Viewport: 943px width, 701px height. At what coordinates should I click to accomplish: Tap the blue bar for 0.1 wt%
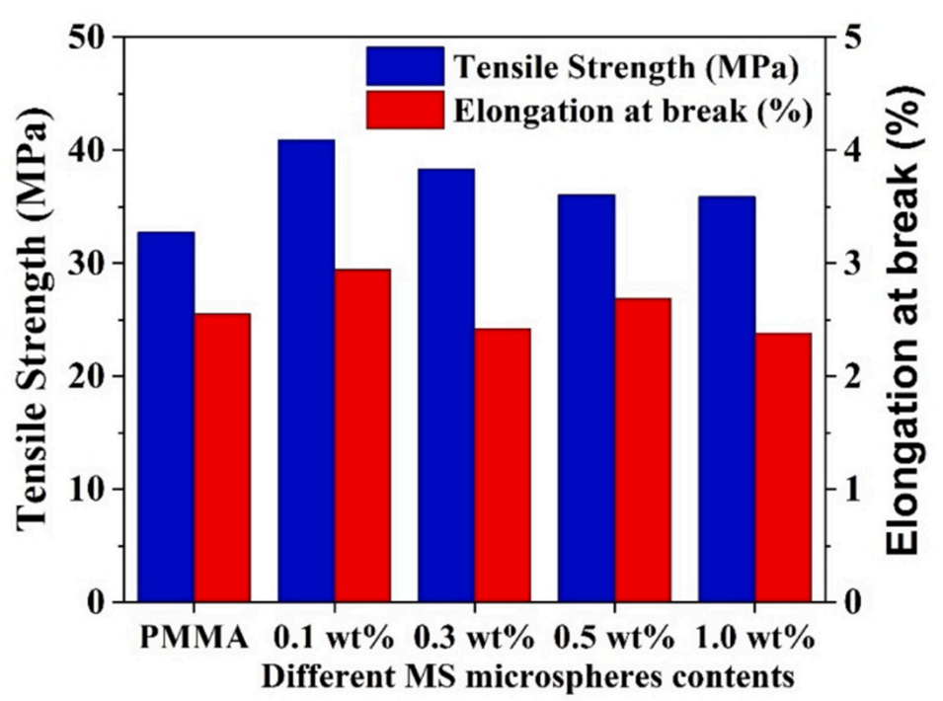pyautogui.click(x=306, y=370)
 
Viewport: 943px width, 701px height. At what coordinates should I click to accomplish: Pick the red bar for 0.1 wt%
pyautogui.click(x=362, y=434)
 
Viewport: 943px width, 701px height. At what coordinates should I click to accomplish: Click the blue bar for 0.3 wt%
pyautogui.click(x=446, y=385)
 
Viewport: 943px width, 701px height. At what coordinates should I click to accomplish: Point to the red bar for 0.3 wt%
pyautogui.click(x=503, y=464)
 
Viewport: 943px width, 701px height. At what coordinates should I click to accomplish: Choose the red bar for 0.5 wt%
pyautogui.click(x=643, y=449)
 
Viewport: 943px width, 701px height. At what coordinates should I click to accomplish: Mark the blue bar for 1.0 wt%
pyautogui.click(x=727, y=399)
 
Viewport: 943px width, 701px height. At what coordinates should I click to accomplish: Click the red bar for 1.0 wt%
pyautogui.click(x=783, y=467)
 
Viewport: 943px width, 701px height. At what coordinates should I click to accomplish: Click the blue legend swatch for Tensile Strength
pyautogui.click(x=405, y=66)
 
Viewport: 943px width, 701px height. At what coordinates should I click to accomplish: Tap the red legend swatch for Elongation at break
pyautogui.click(x=405, y=110)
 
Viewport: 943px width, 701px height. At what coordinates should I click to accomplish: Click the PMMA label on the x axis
pyautogui.click(x=194, y=639)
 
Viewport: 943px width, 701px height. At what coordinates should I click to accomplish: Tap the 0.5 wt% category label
pyautogui.click(x=615, y=639)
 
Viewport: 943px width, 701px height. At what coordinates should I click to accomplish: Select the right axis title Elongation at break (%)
pyautogui.click(x=905, y=318)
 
